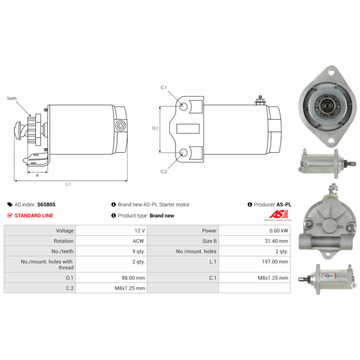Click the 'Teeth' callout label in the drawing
click(12, 98)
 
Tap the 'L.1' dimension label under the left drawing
click(68, 184)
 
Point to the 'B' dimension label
click(37, 175)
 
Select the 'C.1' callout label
click(164, 87)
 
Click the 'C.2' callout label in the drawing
click(164, 171)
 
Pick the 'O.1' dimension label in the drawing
click(155, 128)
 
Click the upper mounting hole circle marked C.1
click(184, 107)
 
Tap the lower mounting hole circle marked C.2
click(184, 152)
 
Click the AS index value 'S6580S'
click(46, 204)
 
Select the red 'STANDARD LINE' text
click(34, 216)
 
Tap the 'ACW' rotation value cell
click(139, 241)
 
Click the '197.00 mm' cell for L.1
click(276, 261)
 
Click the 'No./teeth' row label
click(62, 251)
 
